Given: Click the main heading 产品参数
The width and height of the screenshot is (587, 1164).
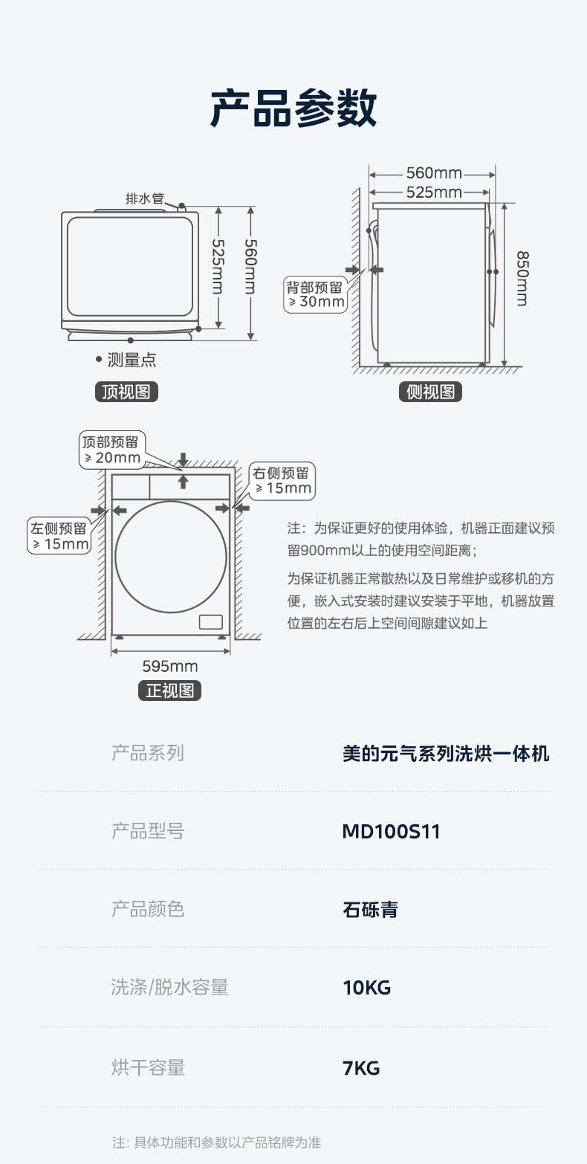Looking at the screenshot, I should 293,109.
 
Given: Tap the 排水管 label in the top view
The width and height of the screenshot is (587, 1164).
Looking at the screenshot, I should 144,198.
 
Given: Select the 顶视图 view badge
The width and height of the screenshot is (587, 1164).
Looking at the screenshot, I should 126,392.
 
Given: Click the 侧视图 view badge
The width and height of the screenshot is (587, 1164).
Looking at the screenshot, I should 430,392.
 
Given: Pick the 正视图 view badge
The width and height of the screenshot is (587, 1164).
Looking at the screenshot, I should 169,691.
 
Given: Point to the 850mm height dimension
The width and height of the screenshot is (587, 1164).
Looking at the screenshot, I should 522,277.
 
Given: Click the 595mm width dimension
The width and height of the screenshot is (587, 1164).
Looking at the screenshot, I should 170,665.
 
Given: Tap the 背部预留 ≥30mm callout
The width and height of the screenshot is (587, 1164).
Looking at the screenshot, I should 316,294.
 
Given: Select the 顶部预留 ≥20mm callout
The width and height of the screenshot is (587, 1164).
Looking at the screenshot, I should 113,450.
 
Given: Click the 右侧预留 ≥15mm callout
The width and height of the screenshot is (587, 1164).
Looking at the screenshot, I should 282,481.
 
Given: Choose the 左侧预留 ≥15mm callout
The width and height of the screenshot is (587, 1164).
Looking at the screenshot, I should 59,536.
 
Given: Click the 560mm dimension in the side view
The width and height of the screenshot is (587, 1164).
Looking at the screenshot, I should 434,173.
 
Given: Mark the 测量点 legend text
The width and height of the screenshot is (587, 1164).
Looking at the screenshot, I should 132,360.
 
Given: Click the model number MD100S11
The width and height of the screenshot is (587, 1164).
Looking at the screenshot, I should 391,831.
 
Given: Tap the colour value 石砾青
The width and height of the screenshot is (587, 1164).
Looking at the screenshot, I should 370,909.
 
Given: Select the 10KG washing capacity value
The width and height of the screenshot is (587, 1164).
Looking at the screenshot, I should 366,988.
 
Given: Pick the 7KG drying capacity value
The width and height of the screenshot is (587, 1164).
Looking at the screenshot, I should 361,1068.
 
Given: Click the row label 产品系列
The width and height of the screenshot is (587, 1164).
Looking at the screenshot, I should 147,753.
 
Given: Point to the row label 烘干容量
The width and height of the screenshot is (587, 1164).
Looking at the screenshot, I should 147,1068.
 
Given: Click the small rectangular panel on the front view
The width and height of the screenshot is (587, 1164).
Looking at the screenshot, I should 210,622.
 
